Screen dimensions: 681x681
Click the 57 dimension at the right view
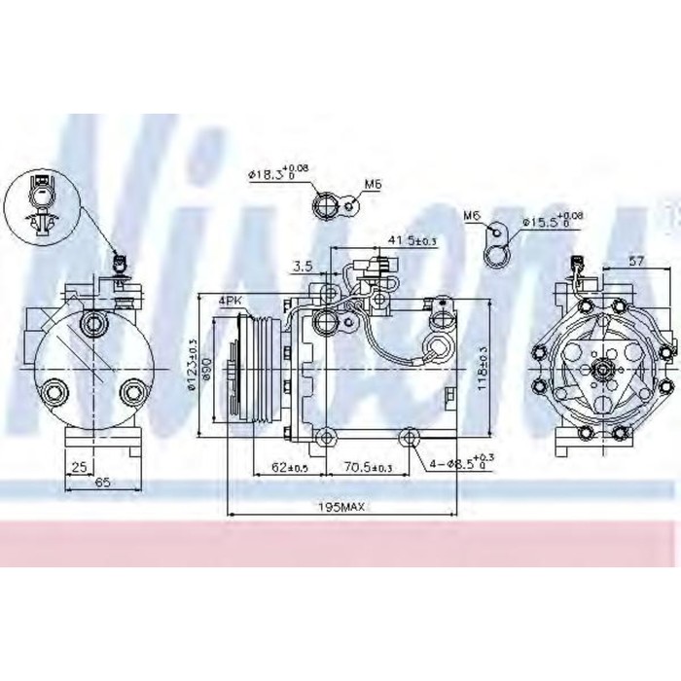pos(637,261)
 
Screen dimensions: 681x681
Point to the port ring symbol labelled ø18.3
pos(324,206)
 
